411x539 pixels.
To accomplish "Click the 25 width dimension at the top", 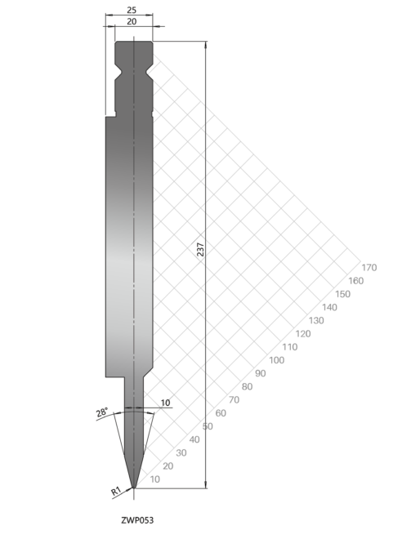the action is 132,11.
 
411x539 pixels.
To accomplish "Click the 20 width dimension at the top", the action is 132,22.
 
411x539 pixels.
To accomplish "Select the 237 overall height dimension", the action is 200,250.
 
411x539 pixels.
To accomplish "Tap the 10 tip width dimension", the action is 165,403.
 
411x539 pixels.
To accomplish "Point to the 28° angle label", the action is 102,412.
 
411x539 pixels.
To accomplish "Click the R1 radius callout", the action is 116,491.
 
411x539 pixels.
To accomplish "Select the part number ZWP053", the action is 137,520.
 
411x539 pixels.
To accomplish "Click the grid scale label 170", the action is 369,267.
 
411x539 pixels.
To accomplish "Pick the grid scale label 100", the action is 276,360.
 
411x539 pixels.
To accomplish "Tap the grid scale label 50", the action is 208,426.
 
